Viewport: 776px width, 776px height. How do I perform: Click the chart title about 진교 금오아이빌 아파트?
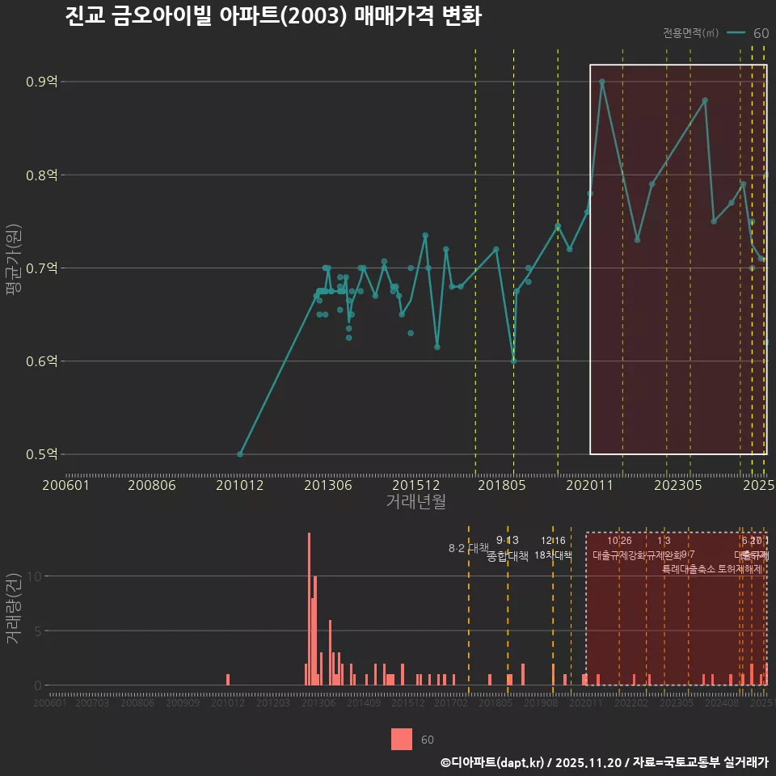[x=273, y=18]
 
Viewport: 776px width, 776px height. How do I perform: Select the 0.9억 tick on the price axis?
[x=41, y=82]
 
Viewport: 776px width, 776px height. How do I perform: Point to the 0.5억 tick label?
[x=41, y=454]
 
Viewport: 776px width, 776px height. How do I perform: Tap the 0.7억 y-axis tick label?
[x=41, y=268]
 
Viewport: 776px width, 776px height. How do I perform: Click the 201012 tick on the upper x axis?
[x=240, y=485]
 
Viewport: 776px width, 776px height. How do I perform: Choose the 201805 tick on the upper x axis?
[x=513, y=485]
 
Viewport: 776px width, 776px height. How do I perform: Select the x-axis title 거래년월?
[x=415, y=502]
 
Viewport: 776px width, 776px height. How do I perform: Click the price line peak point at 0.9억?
[x=602, y=82]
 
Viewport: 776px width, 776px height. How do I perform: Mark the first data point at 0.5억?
[x=240, y=454]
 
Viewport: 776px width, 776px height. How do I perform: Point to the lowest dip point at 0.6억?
[x=513, y=361]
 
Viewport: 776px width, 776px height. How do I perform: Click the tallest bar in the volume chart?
[x=309, y=608]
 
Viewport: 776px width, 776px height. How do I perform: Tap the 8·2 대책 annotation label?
[x=468, y=548]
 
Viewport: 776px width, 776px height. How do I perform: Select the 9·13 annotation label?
[x=507, y=540]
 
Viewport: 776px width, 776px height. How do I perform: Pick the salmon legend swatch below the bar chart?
[x=402, y=739]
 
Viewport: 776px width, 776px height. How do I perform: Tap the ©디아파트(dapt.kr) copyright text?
[x=493, y=761]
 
